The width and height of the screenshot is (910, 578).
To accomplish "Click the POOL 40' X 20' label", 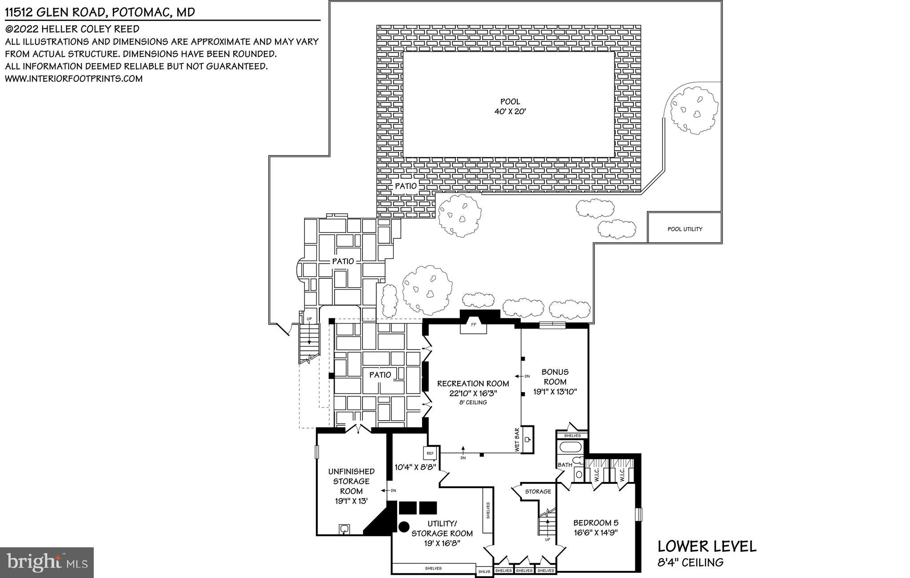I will (x=510, y=107).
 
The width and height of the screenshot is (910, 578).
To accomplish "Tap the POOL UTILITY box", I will (x=684, y=229).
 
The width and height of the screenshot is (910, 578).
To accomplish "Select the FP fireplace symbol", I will (x=473, y=325).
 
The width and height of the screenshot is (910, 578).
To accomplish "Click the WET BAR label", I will (x=517, y=440).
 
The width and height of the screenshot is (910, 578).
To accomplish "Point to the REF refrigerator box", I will (x=430, y=454).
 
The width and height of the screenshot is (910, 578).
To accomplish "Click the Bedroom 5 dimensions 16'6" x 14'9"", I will (x=595, y=532).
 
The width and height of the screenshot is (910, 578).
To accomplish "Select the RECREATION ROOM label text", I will (x=473, y=384).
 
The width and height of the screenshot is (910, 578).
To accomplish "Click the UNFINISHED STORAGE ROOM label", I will (x=351, y=481).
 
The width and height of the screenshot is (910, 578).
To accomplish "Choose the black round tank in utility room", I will (x=403, y=526).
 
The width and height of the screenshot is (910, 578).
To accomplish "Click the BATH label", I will (x=565, y=465).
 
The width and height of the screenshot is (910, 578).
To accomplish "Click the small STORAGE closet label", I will (x=538, y=491).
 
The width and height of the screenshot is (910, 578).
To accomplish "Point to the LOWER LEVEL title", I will (x=706, y=546).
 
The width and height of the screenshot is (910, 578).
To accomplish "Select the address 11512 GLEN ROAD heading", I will (x=100, y=12).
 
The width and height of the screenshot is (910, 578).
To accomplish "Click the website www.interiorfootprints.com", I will (x=74, y=79).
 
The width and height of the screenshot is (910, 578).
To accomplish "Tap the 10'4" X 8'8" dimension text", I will (x=415, y=467).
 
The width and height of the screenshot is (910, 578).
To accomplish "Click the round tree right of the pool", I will (x=694, y=110).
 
